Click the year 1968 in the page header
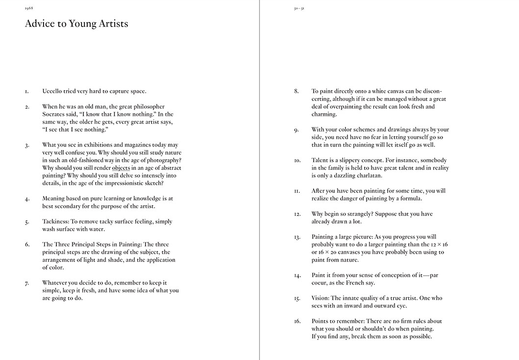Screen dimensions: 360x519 click(x=28, y=8)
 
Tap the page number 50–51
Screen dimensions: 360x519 click(x=298, y=8)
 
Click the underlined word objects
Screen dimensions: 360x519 click(x=121, y=168)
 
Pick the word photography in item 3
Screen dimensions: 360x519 click(x=162, y=160)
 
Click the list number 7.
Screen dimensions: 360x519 click(x=27, y=283)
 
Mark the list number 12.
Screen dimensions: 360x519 click(x=297, y=214)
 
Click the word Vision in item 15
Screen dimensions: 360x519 click(x=321, y=298)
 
